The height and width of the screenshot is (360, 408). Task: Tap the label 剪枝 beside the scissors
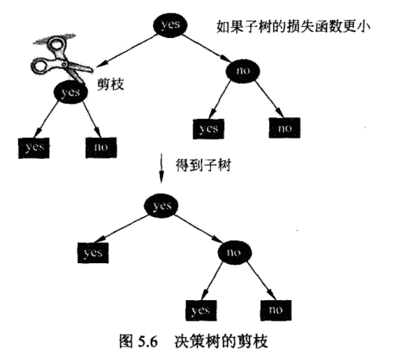(111, 84)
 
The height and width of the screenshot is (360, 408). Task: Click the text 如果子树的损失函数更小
(293, 26)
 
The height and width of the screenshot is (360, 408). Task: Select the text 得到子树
(203, 165)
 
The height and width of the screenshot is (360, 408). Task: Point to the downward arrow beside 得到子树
(162, 168)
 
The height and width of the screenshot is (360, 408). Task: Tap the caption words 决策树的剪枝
(221, 341)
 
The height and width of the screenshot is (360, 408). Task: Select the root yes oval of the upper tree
(170, 25)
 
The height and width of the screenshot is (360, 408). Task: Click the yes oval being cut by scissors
(71, 92)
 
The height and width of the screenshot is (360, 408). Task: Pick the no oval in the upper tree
(243, 71)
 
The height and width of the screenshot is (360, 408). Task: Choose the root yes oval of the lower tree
(161, 205)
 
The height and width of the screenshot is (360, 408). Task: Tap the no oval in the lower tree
(234, 253)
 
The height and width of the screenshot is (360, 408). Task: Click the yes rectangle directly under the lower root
(93, 253)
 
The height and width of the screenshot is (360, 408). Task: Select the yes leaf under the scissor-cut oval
(34, 148)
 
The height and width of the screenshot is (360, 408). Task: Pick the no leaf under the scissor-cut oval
(101, 148)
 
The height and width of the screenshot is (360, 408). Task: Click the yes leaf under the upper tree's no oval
(209, 129)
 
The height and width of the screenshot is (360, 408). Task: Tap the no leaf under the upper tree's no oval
(284, 128)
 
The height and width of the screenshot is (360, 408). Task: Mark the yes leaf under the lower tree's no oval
(201, 311)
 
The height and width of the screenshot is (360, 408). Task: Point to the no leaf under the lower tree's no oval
(276, 310)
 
